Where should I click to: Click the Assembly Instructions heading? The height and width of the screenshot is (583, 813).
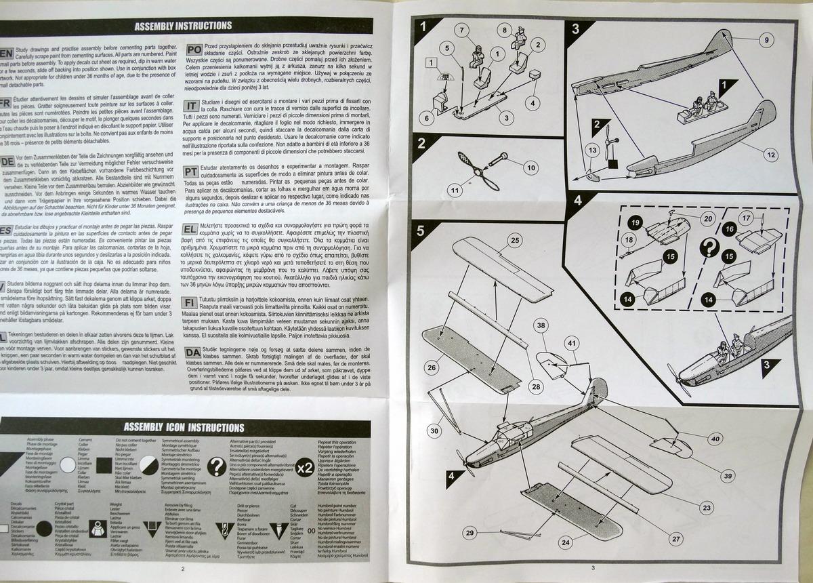pyautogui.click(x=183, y=26)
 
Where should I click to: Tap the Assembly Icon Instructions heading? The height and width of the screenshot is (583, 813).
pyautogui.click(x=183, y=428)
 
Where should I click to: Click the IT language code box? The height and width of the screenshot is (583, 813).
pyautogui.click(x=192, y=106)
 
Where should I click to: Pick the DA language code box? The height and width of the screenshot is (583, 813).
pyautogui.click(x=192, y=353)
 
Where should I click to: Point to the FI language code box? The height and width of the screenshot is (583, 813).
pyautogui.click(x=192, y=303)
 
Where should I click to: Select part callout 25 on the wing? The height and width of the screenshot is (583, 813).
pyautogui.click(x=515, y=241)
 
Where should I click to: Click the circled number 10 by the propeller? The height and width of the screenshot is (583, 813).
pyautogui.click(x=530, y=167)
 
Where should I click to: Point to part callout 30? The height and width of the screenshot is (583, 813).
pyautogui.click(x=434, y=430)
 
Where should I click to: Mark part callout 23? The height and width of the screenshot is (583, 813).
pyautogui.click(x=707, y=507)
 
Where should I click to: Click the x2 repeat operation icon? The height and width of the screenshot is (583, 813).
pyautogui.click(x=305, y=467)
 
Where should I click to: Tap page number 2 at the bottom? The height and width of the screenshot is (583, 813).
pyautogui.click(x=183, y=569)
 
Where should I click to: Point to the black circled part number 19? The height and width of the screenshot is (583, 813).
pyautogui.click(x=635, y=223)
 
